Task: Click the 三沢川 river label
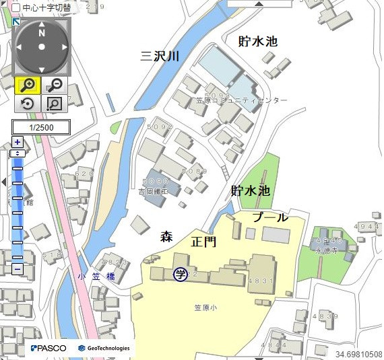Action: [x=160, y=56]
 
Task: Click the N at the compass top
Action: [x=41, y=32]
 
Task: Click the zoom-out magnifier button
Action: [x=55, y=85]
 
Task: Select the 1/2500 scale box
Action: [x=41, y=127]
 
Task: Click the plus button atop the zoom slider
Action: [x=18, y=142]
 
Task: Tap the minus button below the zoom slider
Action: [x=18, y=269]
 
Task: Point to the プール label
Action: [x=271, y=217]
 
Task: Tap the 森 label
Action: [x=166, y=237]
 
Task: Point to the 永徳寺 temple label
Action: [x=327, y=248]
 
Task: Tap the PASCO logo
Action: [x=49, y=348]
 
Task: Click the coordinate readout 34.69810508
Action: [x=358, y=354]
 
